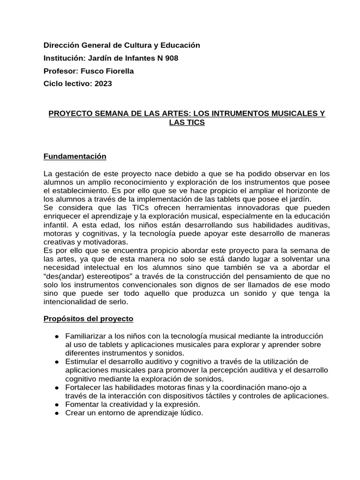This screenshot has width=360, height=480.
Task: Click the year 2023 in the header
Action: click(103, 84)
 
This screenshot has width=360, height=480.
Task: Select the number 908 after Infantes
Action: click(169, 58)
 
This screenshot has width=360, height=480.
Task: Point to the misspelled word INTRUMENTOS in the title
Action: click(239, 114)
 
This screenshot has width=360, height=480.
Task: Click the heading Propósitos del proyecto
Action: click(88, 319)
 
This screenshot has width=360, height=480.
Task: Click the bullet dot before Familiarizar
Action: click(57, 337)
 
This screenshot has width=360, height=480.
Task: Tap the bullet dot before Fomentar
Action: click(57, 404)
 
